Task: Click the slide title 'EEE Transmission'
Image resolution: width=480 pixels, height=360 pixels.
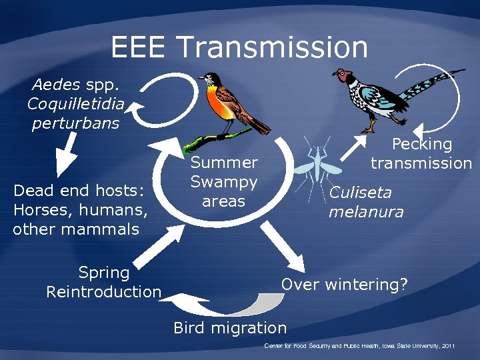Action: point(239,47)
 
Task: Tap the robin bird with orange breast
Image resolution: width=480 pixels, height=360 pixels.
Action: point(227,103)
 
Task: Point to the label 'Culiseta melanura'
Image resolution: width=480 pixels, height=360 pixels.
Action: point(366,203)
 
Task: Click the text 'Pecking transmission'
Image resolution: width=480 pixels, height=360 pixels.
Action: point(421,154)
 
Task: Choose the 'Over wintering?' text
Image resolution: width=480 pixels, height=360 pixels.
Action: point(344,285)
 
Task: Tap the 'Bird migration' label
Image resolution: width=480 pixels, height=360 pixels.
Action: point(230,328)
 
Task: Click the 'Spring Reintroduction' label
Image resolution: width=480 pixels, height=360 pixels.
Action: point(104,282)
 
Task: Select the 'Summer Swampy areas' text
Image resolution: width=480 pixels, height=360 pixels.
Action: point(224,182)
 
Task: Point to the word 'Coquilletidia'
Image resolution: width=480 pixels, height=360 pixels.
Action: point(75,104)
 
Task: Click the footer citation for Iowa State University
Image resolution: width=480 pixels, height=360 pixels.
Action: point(359,347)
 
